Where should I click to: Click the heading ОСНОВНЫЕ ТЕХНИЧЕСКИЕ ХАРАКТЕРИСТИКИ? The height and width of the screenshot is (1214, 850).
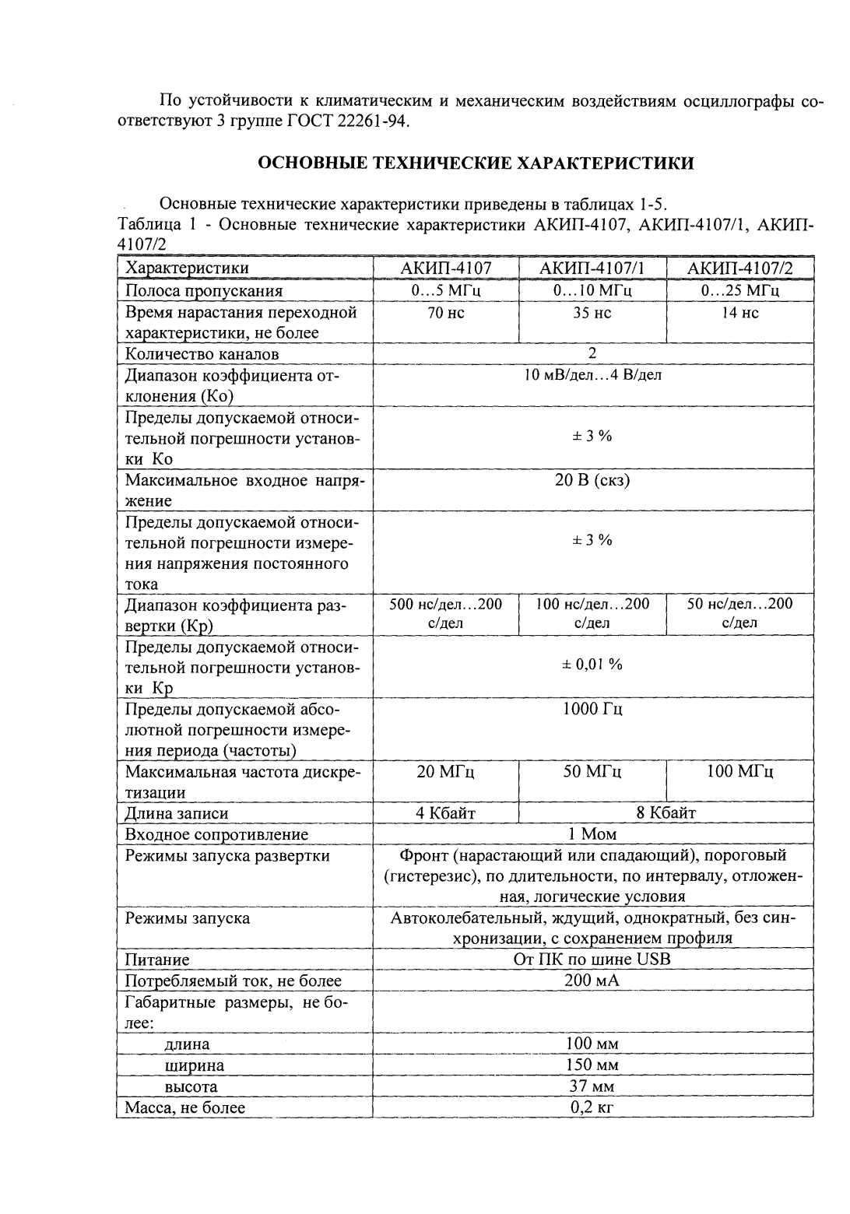coord(475,163)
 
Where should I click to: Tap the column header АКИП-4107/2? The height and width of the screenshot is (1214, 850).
coord(739,268)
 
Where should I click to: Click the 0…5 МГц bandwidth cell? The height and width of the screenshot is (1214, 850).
coord(446,291)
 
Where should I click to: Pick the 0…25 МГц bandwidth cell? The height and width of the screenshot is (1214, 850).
coord(739,291)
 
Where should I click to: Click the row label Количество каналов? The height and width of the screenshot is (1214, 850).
coord(202,354)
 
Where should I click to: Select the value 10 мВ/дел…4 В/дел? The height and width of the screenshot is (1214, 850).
coord(592,375)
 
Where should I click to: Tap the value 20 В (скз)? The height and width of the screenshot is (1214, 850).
coord(592,480)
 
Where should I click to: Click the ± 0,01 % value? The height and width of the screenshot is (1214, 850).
coord(592,665)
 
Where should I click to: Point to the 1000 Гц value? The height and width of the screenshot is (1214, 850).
coord(592,709)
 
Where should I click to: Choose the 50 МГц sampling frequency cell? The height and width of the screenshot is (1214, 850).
coord(592,772)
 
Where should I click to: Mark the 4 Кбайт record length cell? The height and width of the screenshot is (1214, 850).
coord(446,813)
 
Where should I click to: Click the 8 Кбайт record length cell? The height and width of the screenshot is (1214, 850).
coord(666,813)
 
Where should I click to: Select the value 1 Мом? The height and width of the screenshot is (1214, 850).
coord(592,834)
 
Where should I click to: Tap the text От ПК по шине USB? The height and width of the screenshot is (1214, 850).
coord(592,960)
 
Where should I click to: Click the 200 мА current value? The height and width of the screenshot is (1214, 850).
coord(592,981)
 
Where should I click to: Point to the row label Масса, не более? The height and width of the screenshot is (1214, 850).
coord(185,1107)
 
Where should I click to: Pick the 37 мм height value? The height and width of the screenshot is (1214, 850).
coord(592,1086)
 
